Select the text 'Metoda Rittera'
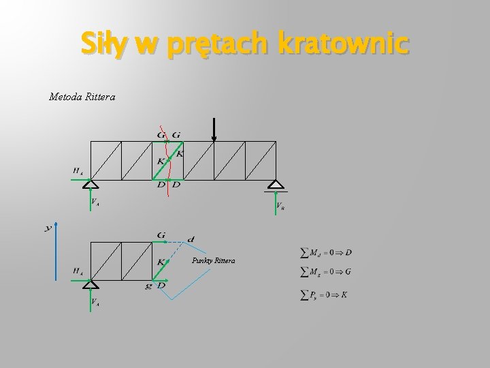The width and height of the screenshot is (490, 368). (82, 97)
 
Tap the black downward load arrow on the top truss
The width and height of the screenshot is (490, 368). (214, 129)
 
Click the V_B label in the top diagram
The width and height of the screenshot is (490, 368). (280, 206)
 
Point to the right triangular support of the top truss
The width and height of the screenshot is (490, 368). (275, 185)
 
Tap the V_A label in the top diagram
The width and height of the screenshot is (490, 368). (96, 202)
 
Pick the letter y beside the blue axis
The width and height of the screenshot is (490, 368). (48, 228)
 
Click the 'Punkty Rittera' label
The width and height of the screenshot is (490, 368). (216, 260)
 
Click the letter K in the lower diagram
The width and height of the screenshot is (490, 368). (160, 261)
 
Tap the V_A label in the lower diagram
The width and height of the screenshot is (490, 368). (96, 301)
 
